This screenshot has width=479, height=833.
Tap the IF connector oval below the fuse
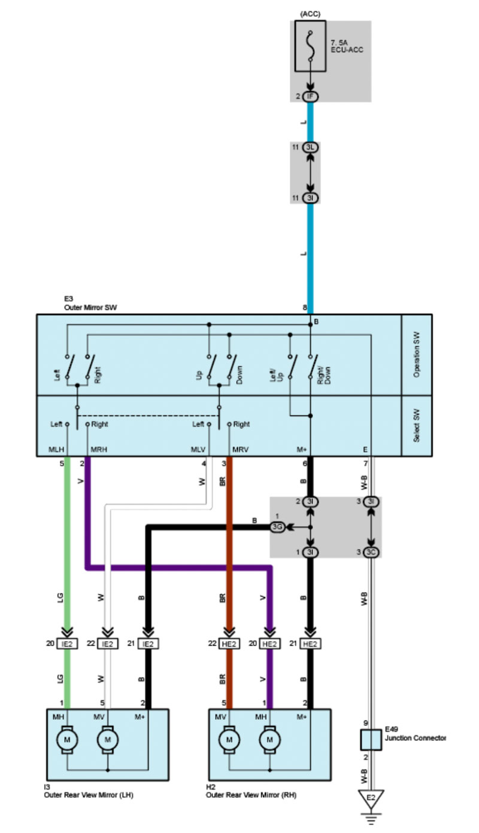click(311, 96)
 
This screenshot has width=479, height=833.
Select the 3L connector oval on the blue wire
click(311, 147)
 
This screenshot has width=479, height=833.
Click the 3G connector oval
click(277, 527)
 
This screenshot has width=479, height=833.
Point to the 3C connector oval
click(372, 551)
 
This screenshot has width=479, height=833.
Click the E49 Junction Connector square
click(371, 742)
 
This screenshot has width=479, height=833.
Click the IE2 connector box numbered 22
click(108, 643)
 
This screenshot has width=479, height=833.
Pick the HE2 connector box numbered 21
click(310, 643)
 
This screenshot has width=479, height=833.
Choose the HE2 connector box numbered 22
click(229, 643)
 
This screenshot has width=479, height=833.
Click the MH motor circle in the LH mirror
click(67, 740)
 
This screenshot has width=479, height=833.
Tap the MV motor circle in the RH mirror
click(229, 740)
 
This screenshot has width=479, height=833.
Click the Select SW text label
click(416, 426)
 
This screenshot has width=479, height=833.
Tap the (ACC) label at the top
click(310, 12)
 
